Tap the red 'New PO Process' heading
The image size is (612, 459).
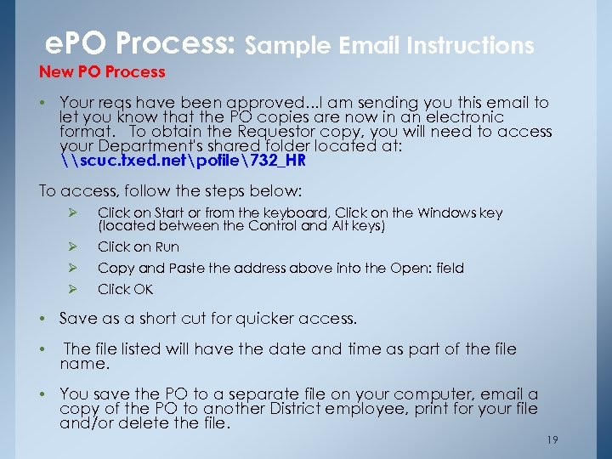tap(102, 71)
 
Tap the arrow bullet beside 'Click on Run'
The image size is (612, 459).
tap(73, 247)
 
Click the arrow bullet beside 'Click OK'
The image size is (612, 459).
tap(73, 289)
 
